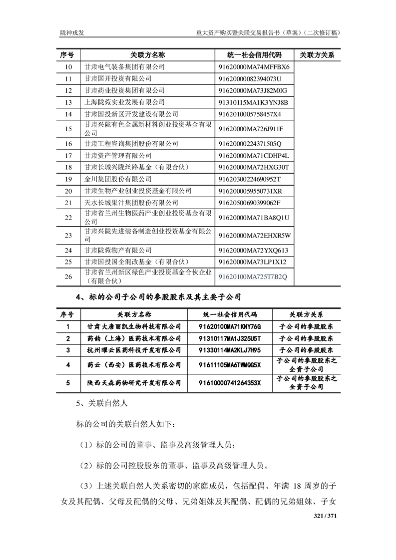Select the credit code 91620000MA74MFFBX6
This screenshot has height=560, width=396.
point(254,67)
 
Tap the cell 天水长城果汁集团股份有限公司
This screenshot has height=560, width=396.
point(131,203)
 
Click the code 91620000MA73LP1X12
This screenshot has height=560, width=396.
point(252,262)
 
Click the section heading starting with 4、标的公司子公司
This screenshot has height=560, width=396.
point(158,297)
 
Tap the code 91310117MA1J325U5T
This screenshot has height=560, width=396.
point(230,338)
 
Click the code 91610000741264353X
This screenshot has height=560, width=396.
point(230,383)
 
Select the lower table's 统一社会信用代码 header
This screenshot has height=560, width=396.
point(230,315)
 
